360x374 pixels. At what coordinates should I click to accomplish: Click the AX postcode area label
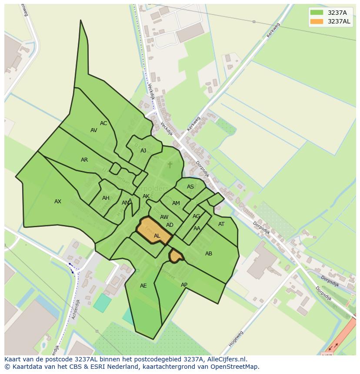pyautogui.click(x=58, y=202)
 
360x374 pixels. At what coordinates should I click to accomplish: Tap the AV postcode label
pyautogui.click(x=94, y=130)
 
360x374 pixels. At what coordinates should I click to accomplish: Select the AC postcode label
pyautogui.click(x=103, y=123)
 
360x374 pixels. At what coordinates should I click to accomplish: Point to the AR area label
pyautogui.click(x=84, y=160)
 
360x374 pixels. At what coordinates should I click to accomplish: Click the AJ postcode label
pyautogui.click(x=143, y=151)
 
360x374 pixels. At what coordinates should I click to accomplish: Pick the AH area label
pyautogui.click(x=106, y=198)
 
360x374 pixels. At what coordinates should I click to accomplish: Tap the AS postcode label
pyautogui.click(x=190, y=187)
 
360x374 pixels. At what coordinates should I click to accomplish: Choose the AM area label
pyautogui.click(x=176, y=203)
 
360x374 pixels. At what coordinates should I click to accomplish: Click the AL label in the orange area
pyautogui.click(x=157, y=236)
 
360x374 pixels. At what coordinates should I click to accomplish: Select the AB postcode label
pyautogui.click(x=209, y=254)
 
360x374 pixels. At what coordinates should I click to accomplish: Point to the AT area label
pyautogui.click(x=221, y=224)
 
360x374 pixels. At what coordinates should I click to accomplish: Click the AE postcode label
pyautogui.click(x=143, y=286)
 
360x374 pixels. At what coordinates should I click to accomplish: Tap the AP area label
pyautogui.click(x=184, y=285)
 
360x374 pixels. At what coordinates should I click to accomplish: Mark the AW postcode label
pyautogui.click(x=164, y=217)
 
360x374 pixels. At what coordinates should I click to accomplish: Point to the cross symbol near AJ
pyautogui.click(x=170, y=165)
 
